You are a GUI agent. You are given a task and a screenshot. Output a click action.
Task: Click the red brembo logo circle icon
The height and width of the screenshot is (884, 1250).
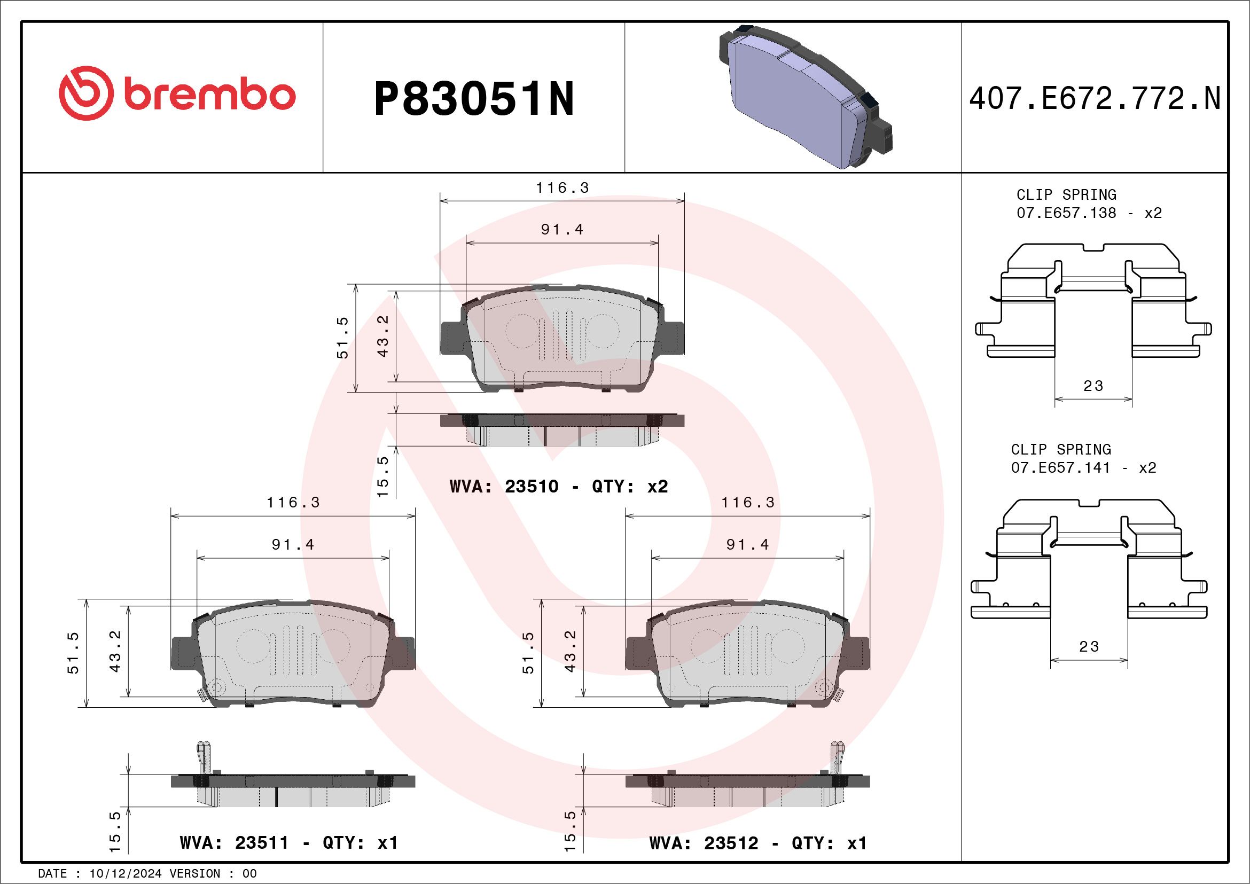click(x=86, y=93)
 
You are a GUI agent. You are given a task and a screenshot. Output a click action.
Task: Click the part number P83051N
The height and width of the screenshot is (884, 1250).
click(x=474, y=99)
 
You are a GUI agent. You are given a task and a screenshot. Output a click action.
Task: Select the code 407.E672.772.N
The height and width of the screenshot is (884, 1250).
click(x=1095, y=99)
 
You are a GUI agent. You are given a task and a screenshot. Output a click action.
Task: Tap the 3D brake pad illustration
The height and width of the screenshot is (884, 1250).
click(x=806, y=98)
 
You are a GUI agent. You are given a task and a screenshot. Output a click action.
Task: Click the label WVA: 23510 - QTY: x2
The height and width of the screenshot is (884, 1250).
click(x=559, y=486)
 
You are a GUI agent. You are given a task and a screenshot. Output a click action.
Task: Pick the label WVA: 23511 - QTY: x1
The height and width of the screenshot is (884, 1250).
click(x=289, y=843)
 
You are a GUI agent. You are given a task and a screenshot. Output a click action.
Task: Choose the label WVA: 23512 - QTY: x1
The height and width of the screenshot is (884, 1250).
click(x=758, y=843)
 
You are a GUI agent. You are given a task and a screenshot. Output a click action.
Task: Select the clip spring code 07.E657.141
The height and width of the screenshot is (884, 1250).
click(x=1060, y=467)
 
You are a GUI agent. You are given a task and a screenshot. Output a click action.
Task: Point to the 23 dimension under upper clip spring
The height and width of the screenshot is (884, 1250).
click(x=1093, y=386)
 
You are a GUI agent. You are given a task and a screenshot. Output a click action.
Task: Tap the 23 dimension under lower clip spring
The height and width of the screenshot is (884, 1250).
click(x=1089, y=647)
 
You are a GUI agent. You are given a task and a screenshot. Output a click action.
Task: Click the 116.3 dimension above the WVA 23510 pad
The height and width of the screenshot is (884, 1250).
click(x=562, y=189)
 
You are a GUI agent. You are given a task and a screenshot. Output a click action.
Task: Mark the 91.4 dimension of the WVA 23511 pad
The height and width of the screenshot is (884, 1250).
click(x=293, y=545)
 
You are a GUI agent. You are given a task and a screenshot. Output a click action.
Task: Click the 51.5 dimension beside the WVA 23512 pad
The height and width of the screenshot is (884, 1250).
click(x=528, y=653)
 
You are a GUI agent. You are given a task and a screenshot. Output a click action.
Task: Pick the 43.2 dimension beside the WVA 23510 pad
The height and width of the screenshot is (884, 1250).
click(x=383, y=336)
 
